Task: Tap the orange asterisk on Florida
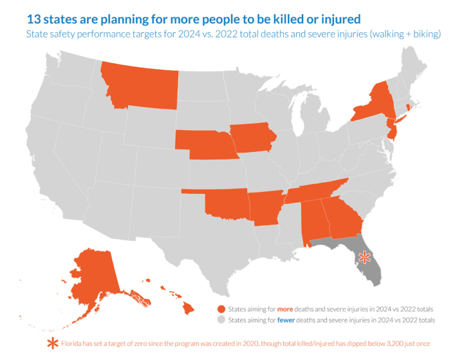click(364, 257)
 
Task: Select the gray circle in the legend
click(222, 320)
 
